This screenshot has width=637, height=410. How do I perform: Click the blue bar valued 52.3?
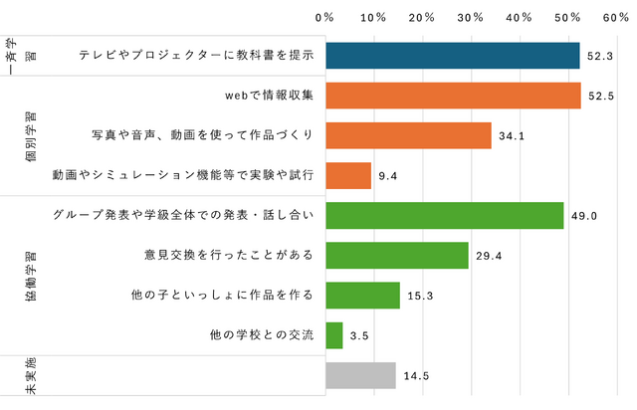[x=453, y=56]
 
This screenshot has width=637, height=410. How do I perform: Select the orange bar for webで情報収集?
[x=453, y=96]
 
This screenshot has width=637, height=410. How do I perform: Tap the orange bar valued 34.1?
[x=408, y=135]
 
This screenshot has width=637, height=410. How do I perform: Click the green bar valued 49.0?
[x=445, y=216]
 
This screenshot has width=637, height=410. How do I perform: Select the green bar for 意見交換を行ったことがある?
[x=397, y=256]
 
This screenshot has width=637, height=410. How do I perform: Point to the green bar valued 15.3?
[x=363, y=296]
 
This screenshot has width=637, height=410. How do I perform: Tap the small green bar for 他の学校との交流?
[x=334, y=335]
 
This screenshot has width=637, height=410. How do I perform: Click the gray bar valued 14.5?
[x=361, y=375]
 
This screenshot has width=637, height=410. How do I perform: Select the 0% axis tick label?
[x=324, y=17]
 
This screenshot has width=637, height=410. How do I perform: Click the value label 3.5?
[x=360, y=336]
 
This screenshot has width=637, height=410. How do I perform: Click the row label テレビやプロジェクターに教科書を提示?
[x=197, y=56]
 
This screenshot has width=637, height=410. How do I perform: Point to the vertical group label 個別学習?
[x=29, y=135]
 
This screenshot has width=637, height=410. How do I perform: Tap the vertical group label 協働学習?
[x=29, y=276]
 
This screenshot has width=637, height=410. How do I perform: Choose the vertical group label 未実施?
[x=29, y=376]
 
